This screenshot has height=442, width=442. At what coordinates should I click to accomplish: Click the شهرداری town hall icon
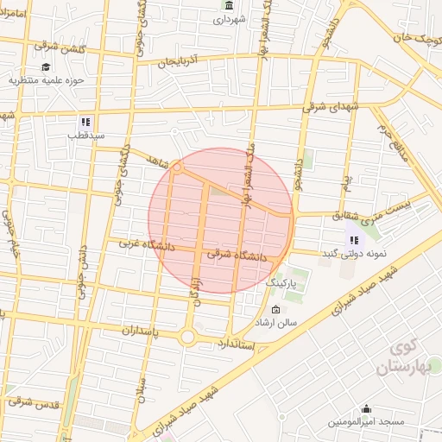coord(227,6)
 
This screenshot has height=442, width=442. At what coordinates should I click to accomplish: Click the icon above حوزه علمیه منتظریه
coord(45,67)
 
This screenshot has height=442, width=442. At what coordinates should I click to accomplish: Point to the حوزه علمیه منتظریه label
coord(44,81)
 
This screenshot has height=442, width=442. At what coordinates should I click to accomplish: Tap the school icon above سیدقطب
coord(85,122)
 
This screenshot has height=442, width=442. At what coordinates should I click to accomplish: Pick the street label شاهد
coord(155,160)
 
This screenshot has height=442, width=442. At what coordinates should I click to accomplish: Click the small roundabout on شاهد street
coord(176,167)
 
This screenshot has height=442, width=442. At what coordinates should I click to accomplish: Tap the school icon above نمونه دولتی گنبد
coord(354,239)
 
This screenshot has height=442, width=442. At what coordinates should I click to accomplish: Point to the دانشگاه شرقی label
coord(238,256)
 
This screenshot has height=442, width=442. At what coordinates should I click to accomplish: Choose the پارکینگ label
coord(280,282)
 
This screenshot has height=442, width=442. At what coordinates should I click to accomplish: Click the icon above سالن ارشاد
coord(275,310)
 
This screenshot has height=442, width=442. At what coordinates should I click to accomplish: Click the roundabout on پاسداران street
coord(186,337)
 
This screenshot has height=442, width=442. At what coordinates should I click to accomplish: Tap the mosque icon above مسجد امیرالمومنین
coord(366,408)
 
